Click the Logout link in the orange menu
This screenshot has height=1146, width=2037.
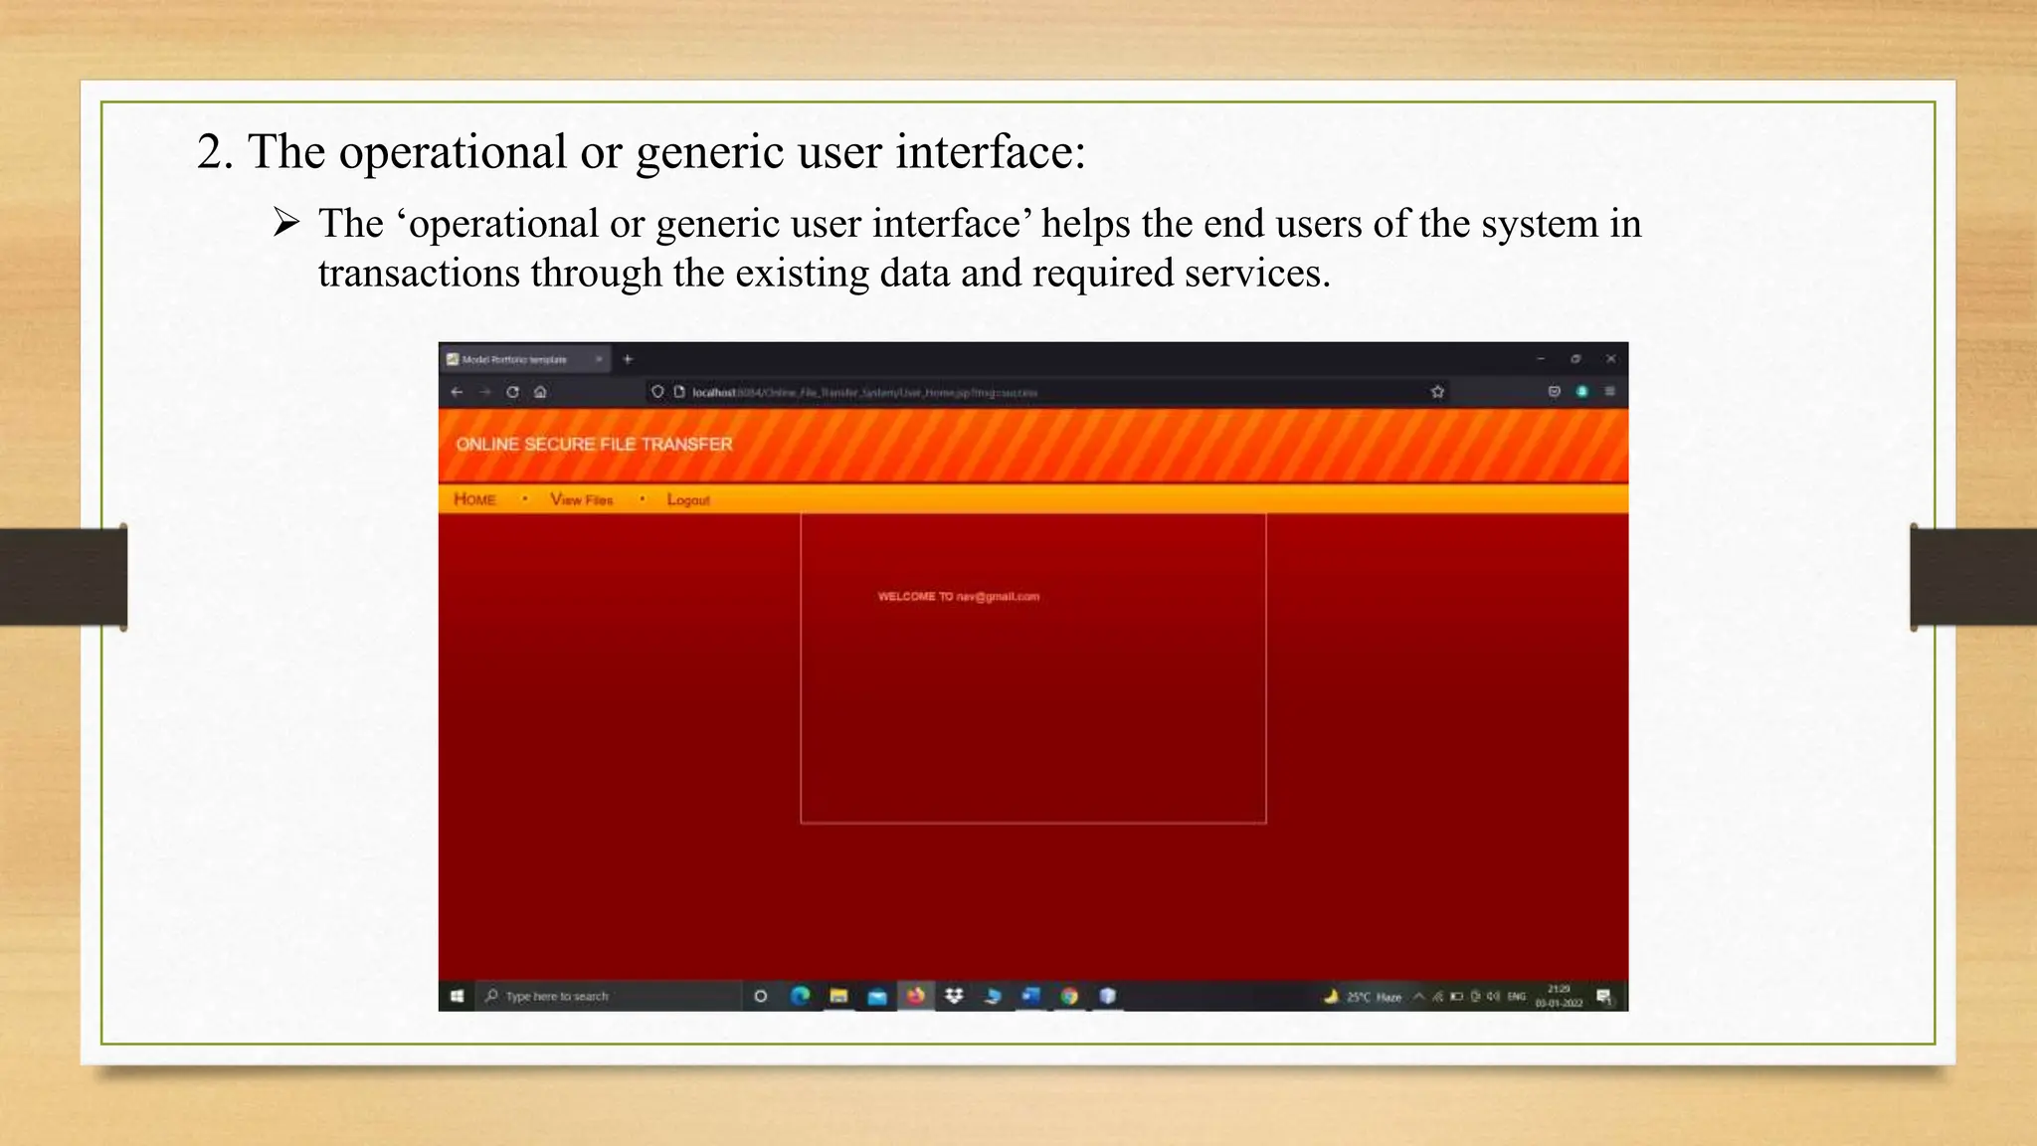(x=688, y=499)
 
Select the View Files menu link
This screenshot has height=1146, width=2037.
(x=582, y=499)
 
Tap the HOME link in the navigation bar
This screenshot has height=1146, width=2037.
(x=474, y=499)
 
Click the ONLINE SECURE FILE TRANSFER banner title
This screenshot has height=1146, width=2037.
(x=594, y=444)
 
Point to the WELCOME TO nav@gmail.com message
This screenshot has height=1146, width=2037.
(x=958, y=597)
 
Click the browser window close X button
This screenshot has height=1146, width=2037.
(x=1610, y=359)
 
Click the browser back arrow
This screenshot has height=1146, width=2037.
(x=458, y=392)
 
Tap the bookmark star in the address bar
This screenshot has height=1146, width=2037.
(x=1437, y=392)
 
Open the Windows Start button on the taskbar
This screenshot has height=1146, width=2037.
(x=458, y=996)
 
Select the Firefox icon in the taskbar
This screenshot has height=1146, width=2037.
(x=915, y=995)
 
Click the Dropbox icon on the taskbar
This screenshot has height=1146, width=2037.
(x=954, y=995)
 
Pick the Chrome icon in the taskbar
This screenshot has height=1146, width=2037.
(x=1069, y=995)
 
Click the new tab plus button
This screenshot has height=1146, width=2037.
(x=628, y=359)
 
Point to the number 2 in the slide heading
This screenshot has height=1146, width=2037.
(x=210, y=153)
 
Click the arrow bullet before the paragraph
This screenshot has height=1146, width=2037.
(x=286, y=223)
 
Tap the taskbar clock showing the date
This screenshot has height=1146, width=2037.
(x=1558, y=996)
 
